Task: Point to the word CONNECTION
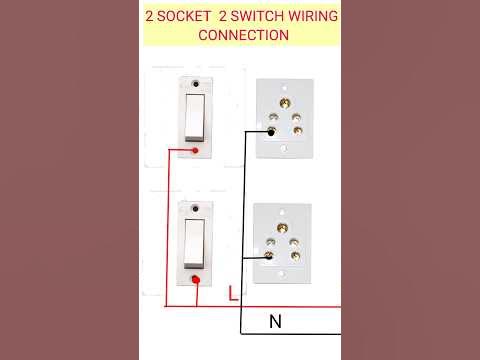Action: click(244, 35)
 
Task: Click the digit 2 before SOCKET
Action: click(150, 17)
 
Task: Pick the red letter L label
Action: click(232, 294)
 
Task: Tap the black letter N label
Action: click(275, 322)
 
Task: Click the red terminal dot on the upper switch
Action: click(196, 151)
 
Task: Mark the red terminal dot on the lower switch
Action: click(196, 280)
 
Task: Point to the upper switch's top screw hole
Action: click(195, 84)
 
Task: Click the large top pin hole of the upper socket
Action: click(285, 102)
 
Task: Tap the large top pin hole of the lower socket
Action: click(284, 227)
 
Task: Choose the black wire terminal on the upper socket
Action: click(272, 131)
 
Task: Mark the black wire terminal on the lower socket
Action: click(270, 255)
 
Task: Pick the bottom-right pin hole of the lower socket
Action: click(296, 256)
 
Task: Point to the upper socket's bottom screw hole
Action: click(285, 148)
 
